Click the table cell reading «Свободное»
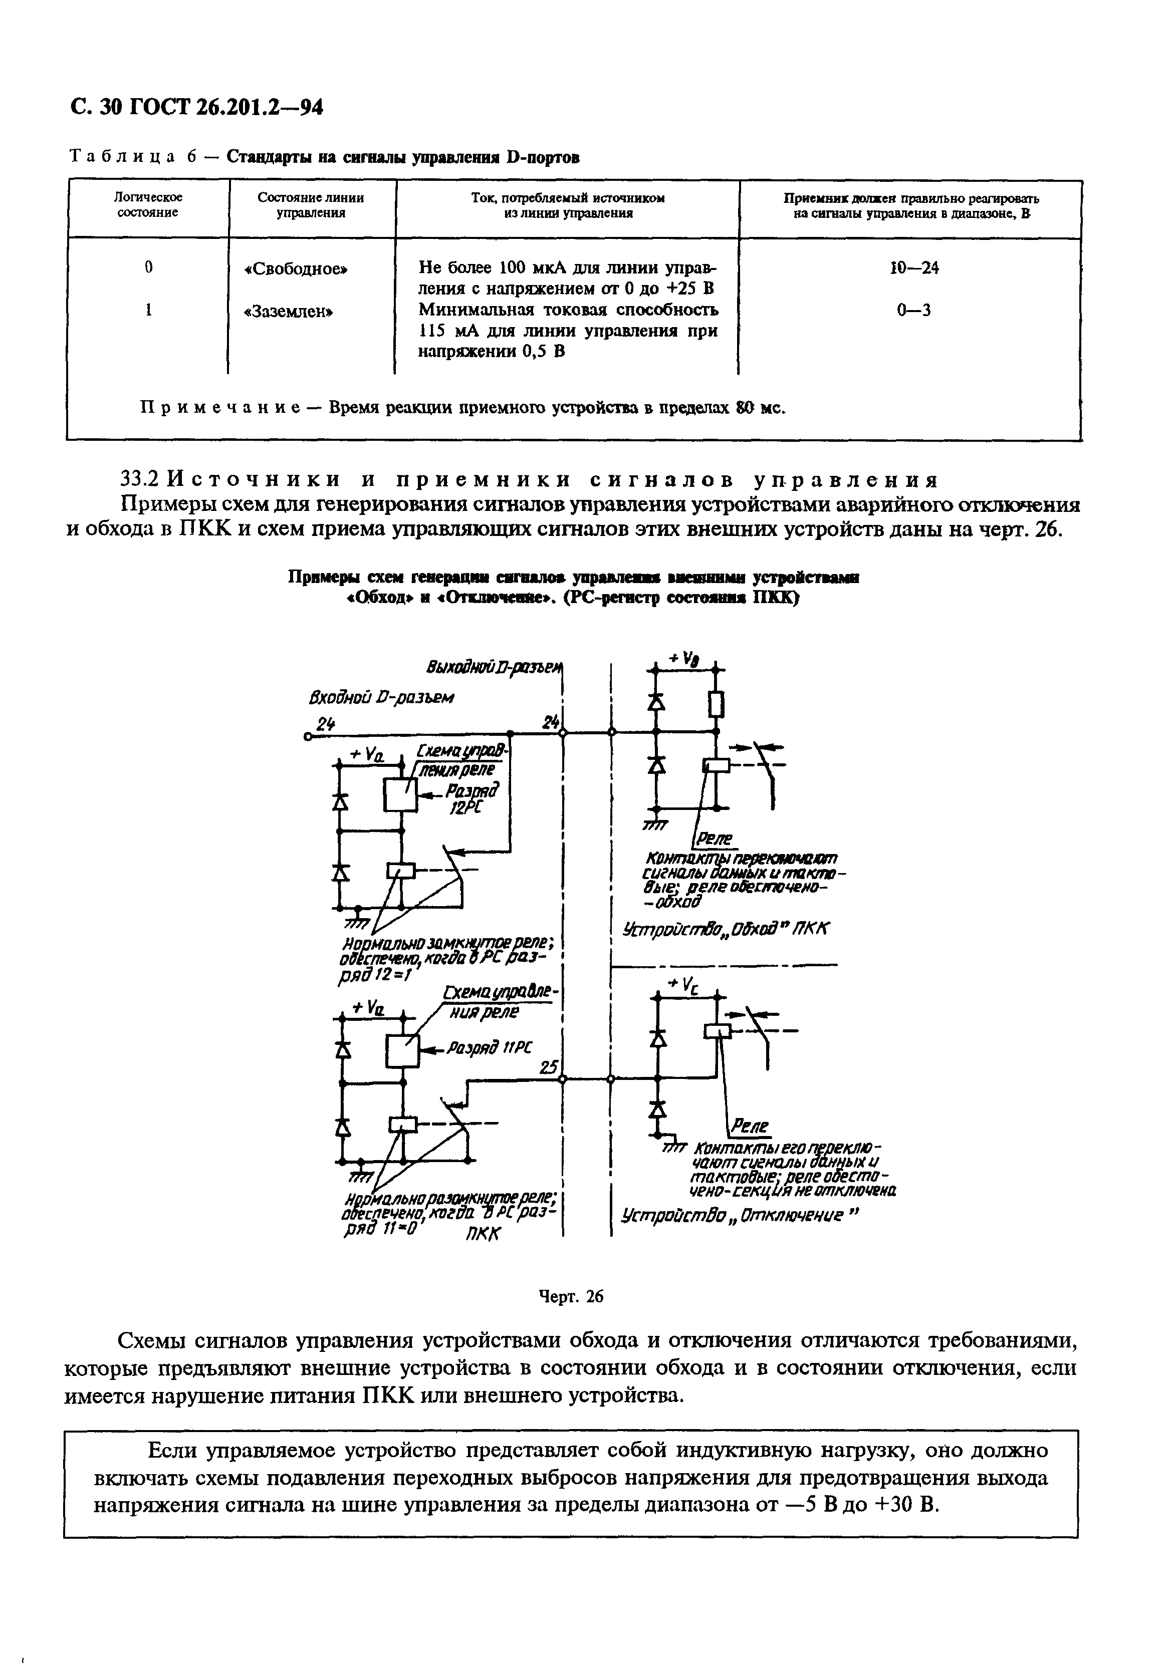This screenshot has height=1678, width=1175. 296,269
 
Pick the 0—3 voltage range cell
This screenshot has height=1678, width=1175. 914,311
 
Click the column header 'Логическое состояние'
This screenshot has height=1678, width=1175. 148,205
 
